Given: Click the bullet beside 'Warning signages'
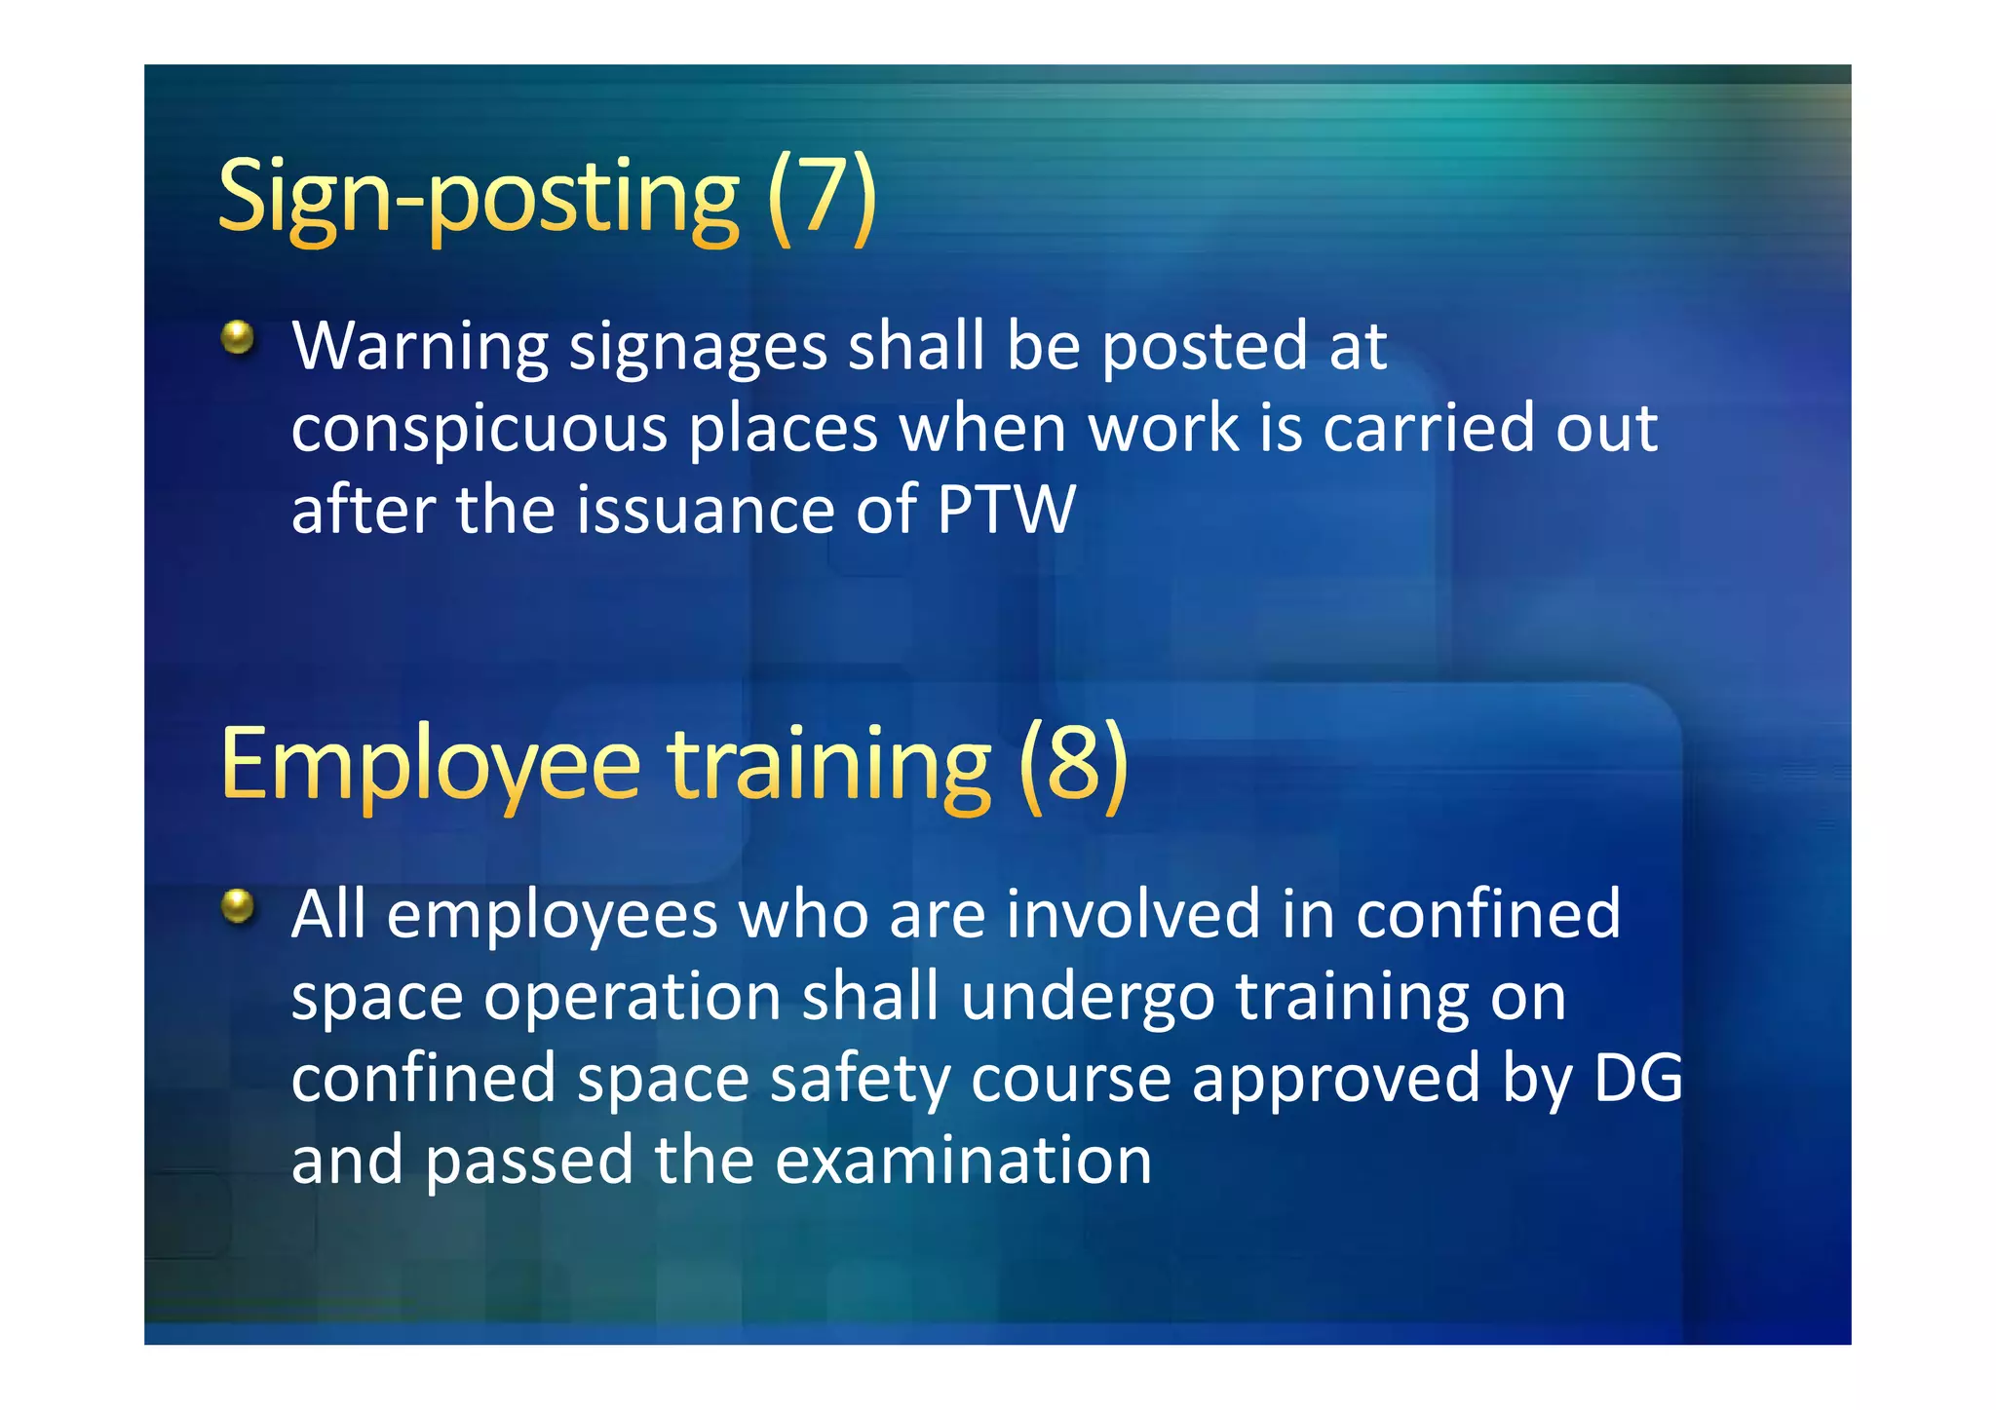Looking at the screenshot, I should (237, 339).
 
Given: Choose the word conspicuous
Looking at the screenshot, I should (479, 430).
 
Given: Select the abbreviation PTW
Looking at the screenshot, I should (1006, 510).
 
